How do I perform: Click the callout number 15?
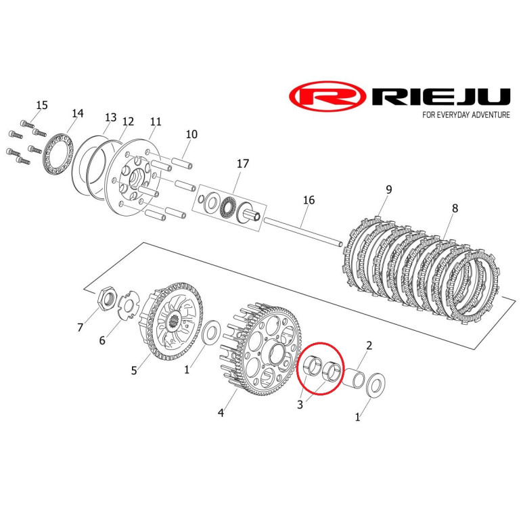[42, 105]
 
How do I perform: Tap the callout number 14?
[77, 113]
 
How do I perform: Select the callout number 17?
[242, 164]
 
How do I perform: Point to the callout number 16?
[309, 200]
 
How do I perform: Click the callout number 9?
[389, 189]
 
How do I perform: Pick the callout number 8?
[455, 208]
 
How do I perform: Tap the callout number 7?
[80, 327]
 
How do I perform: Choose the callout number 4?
[221, 413]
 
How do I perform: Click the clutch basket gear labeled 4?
[261, 348]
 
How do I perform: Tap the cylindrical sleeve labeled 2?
[353, 378]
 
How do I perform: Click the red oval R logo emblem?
[328, 97]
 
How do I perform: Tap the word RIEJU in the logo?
[440, 97]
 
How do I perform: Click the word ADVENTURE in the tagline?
[491, 114]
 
